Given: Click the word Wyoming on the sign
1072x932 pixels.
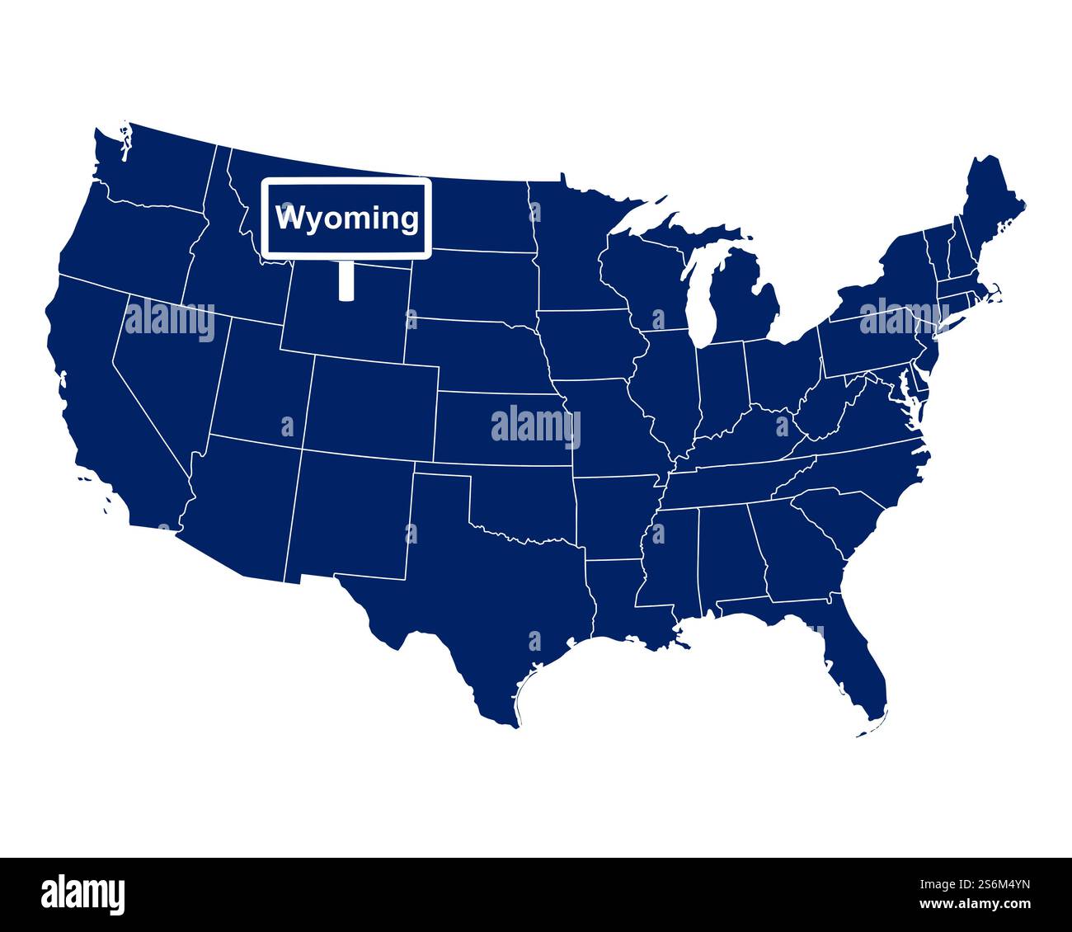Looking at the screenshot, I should [x=347, y=219].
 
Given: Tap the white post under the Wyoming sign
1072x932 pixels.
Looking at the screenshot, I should [x=346, y=280].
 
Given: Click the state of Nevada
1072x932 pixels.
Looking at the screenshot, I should [x=165, y=363].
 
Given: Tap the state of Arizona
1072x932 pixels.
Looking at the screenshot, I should [x=239, y=511].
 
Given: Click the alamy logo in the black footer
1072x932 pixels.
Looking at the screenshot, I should [x=83, y=894].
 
